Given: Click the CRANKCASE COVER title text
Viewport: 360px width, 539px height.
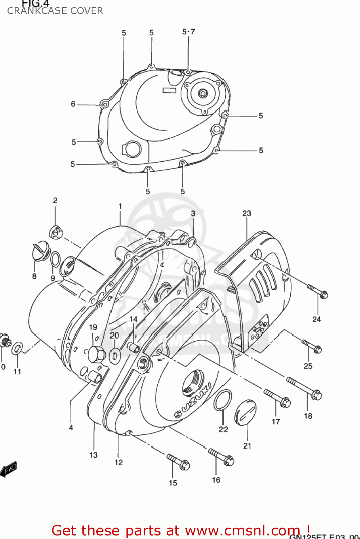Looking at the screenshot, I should click(x=55, y=11).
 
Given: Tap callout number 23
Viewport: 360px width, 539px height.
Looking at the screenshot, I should click(x=246, y=213).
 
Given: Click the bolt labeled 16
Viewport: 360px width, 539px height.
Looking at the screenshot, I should click(x=221, y=457).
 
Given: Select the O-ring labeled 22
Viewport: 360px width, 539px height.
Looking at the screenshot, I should click(x=223, y=400).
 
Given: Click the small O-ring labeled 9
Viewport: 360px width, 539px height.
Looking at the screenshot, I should click(x=55, y=259).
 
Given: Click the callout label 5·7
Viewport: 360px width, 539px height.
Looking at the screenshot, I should click(x=189, y=32).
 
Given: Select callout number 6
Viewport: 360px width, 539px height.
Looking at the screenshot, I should click(x=73, y=104).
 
